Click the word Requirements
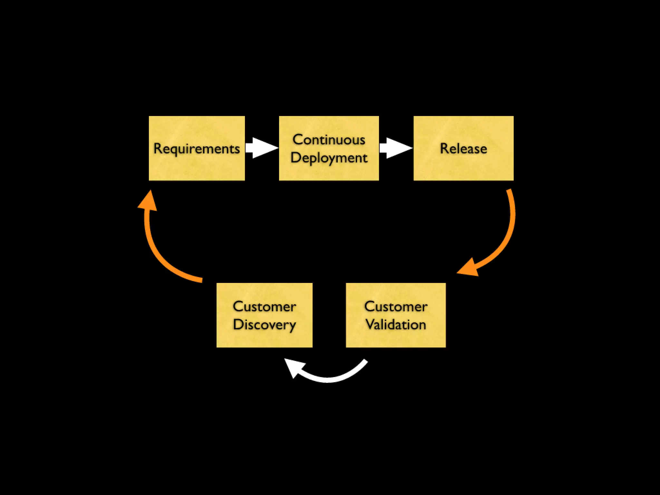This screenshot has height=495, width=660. tap(197, 149)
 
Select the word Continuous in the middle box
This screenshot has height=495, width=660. tap(329, 140)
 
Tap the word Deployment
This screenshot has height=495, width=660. tap(329, 158)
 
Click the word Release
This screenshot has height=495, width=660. tap(463, 149)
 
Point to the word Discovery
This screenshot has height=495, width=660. tap(264, 325)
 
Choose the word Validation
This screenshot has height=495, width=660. tap(396, 325)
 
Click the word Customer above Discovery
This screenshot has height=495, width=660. tap(264, 306)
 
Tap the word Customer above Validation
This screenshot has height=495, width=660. tap(396, 306)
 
